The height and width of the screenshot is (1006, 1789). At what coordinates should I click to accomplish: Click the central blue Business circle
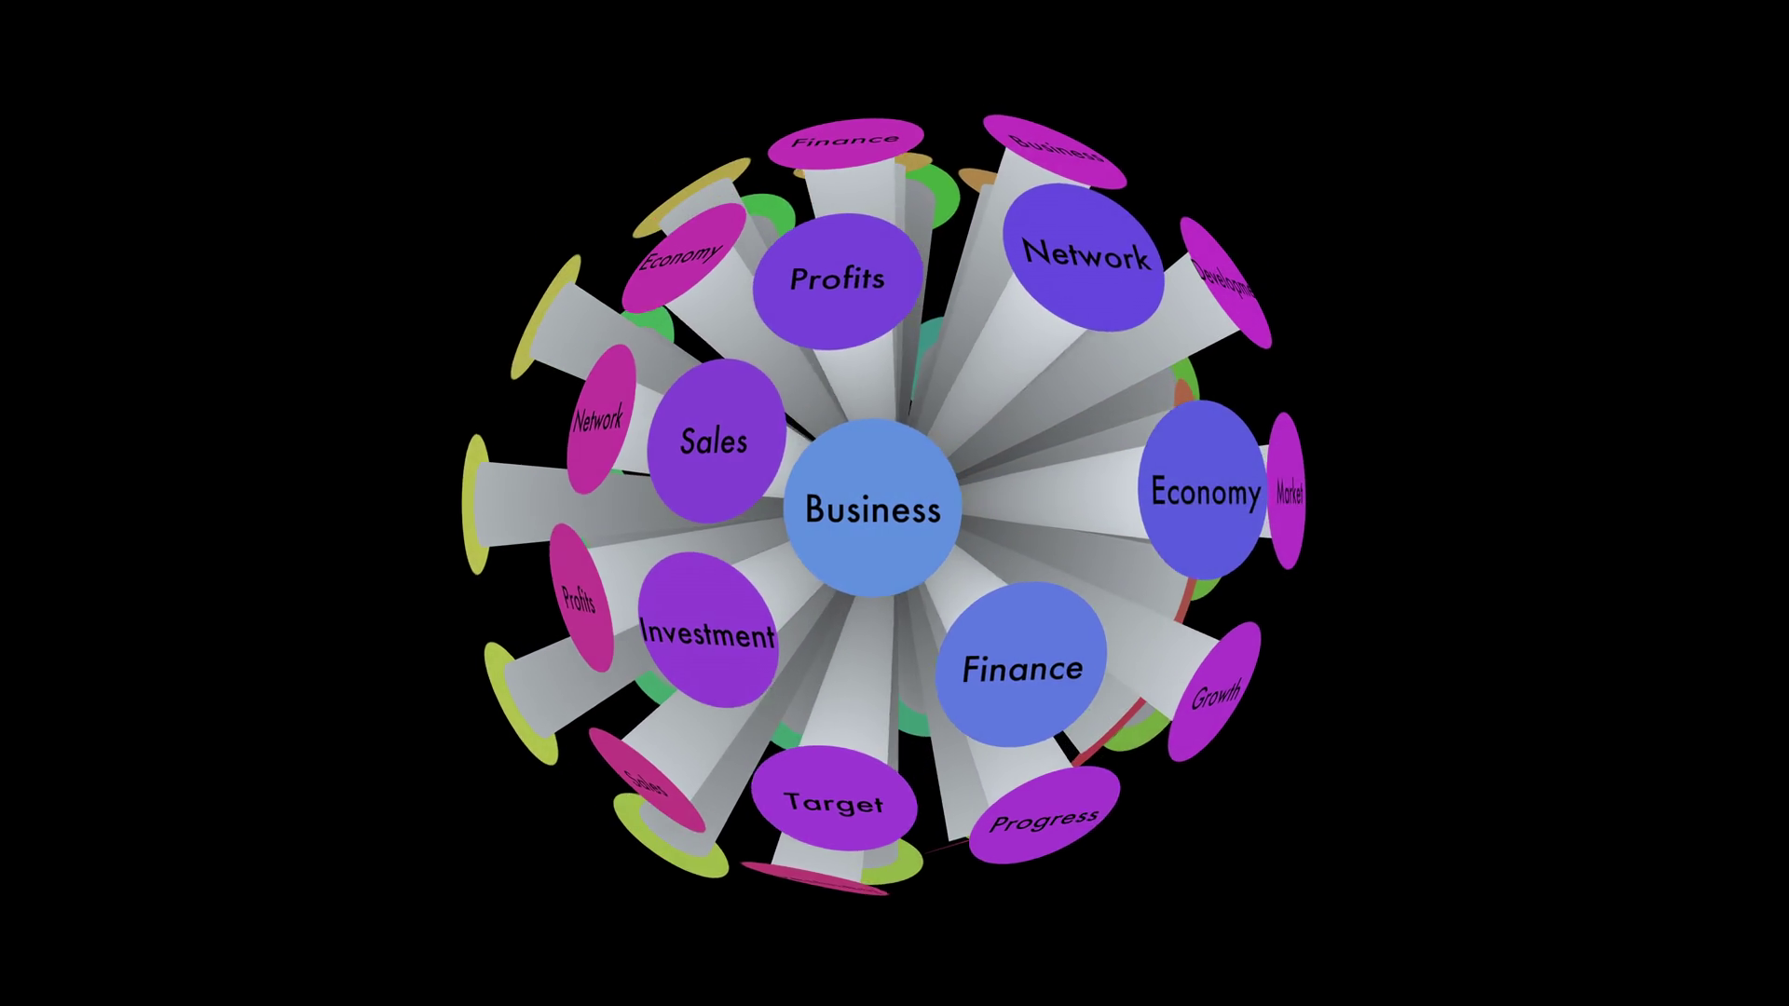(872, 508)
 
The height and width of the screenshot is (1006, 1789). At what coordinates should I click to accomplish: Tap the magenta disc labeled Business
(1055, 151)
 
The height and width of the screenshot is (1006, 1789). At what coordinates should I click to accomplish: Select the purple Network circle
(1085, 255)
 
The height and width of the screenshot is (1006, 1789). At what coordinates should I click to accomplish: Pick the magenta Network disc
(600, 419)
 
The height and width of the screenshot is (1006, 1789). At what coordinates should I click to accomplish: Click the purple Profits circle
(837, 279)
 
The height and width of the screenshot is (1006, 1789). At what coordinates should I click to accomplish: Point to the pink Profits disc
(580, 598)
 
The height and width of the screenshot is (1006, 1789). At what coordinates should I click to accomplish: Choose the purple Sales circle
(715, 441)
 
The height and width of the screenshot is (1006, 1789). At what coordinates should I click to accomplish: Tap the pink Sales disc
(647, 781)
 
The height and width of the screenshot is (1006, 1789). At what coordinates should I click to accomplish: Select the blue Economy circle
(1203, 491)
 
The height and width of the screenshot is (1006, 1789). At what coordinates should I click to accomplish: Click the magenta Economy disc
(683, 257)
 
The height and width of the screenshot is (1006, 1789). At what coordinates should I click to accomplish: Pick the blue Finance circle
(1021, 667)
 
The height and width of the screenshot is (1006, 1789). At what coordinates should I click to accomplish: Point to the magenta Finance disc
(845, 143)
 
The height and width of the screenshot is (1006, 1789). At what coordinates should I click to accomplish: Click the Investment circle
(708, 632)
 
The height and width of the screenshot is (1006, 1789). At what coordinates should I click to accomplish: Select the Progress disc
(1045, 816)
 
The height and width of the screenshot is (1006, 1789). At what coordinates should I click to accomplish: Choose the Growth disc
(1214, 691)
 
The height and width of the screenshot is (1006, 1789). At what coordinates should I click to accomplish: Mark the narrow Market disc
(1287, 491)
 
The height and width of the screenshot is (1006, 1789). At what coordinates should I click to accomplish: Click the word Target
(833, 803)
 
